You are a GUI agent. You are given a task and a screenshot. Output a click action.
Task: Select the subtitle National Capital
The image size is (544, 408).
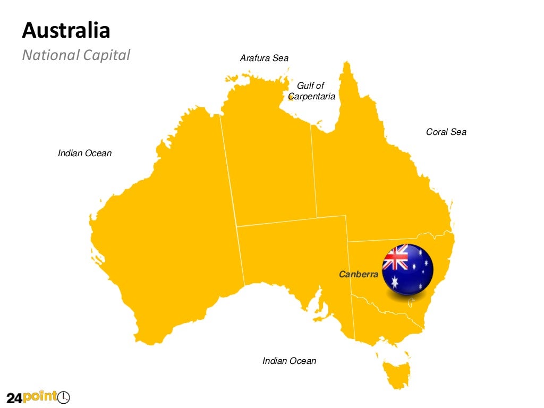coord(76,55)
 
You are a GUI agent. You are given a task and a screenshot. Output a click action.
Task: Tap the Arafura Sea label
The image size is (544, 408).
coord(264,58)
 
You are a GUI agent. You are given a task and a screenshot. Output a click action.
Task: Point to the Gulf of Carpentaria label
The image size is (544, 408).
coord(311,91)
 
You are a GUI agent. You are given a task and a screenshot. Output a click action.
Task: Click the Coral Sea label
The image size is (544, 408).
coord(446,132)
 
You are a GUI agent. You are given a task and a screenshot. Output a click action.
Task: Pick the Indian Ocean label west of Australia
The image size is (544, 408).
coord(85,153)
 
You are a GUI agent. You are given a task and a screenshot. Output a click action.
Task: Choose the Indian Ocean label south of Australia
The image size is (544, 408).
coord(289,361)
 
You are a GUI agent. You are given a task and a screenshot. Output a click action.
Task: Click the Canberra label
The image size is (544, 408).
coord(359,274)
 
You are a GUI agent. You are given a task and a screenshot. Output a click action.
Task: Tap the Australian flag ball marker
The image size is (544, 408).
coord(407,269)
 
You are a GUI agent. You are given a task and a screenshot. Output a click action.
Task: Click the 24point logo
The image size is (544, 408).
coord(38,397)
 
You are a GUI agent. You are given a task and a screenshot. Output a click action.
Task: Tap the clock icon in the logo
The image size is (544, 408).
coord(64,396)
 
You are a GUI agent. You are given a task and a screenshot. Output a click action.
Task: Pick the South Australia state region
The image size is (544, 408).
coord(292,260)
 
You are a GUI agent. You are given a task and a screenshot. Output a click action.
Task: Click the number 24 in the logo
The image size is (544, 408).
coord(14,397)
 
